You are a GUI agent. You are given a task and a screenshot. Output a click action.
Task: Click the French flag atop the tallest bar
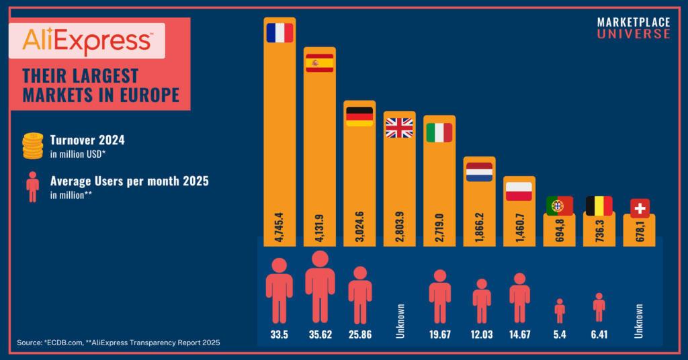click(279, 33)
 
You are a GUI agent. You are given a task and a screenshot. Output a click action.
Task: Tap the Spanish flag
click(319, 63)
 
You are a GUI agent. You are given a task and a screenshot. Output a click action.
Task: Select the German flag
click(359, 116)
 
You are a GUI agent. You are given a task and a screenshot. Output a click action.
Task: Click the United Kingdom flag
click(399, 128)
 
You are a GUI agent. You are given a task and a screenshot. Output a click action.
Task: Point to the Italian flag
click(439, 132)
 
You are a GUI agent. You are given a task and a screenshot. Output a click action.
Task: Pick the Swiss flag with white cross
click(640, 208)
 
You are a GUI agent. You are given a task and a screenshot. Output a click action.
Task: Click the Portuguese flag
click(559, 206)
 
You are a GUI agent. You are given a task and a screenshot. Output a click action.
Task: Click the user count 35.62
click(319, 334)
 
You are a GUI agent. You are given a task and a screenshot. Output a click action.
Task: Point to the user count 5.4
click(559, 334)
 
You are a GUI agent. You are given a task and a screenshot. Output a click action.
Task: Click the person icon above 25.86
click(360, 294)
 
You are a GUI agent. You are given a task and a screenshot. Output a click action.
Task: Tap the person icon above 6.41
click(599, 306)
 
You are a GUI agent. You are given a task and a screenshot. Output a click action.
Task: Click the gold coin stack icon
click(32, 146)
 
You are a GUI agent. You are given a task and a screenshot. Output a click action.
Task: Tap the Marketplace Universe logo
click(633, 28)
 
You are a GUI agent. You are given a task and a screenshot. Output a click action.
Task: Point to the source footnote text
click(118, 343)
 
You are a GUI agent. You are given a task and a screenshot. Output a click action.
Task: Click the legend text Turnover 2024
click(87, 140)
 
